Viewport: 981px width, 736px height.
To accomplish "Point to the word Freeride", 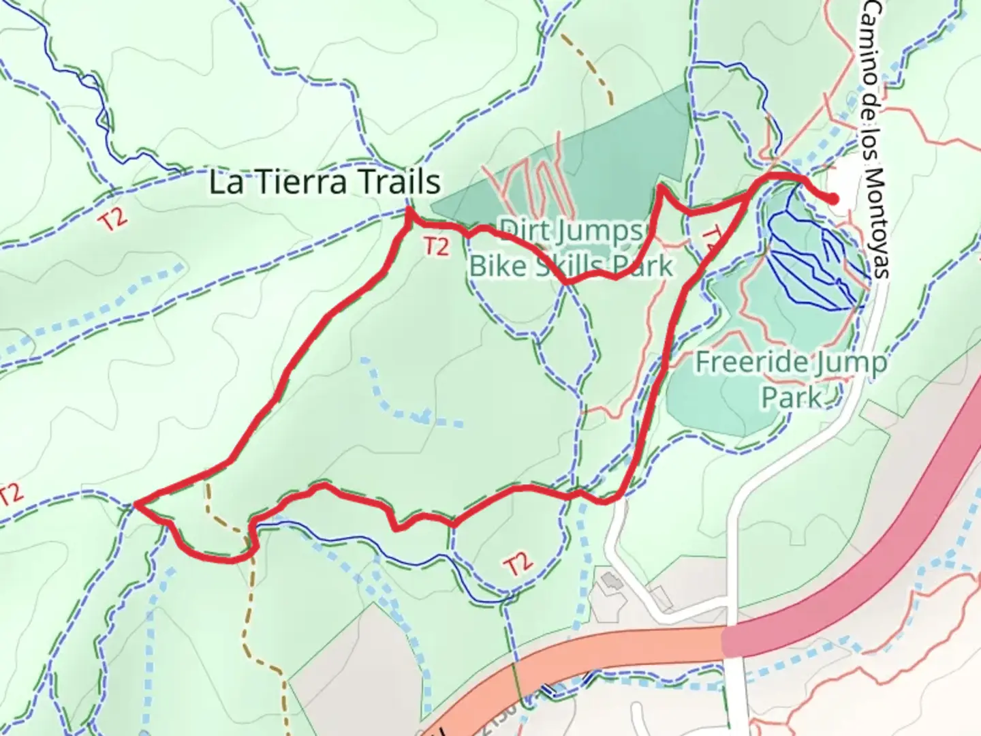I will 751,363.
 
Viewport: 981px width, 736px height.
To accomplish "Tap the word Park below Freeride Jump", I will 791,397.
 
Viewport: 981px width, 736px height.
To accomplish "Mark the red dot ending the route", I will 833,199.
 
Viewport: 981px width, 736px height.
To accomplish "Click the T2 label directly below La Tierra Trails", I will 436,246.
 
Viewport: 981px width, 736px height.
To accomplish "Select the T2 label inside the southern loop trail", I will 518,564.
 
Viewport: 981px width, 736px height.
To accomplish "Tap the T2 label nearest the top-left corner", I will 113,221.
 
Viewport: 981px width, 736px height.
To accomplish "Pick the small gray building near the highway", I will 611,581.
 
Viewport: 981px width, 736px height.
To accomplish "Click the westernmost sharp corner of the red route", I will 136,504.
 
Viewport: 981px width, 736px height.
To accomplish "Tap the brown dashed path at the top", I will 593,68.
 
